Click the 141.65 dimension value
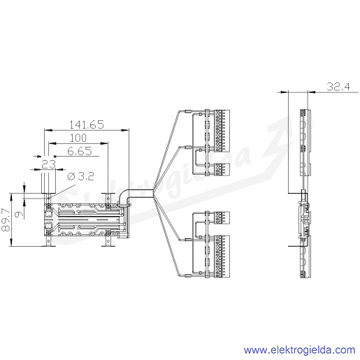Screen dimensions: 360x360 87,124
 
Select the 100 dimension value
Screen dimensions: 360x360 78,138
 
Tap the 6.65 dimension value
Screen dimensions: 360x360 80,151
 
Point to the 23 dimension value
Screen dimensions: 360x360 48,164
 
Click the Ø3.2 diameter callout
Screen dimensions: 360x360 80,177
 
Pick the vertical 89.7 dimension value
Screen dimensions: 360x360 6,219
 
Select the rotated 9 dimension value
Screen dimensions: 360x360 20,214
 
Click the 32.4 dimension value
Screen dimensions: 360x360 338,87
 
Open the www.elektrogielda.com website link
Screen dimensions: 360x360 300,350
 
